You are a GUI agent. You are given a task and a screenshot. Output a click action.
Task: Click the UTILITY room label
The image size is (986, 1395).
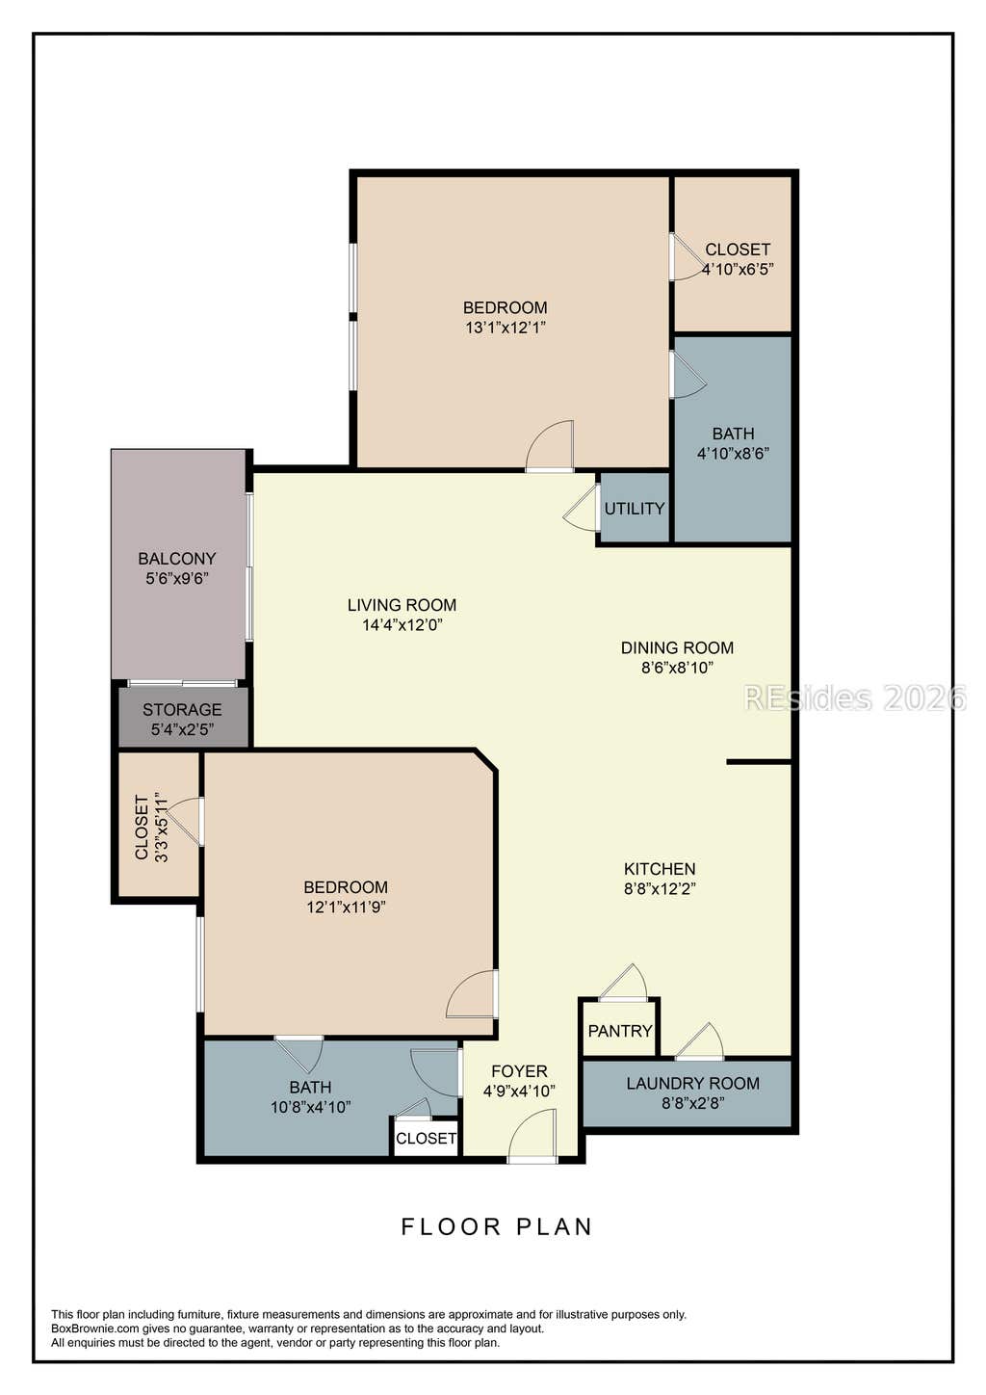point(634,509)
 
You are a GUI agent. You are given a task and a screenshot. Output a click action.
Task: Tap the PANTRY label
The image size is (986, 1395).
point(619,1031)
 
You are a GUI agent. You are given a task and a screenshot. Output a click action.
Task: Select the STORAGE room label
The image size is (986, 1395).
point(182,709)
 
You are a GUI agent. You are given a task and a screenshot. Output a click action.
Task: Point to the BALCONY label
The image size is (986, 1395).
point(177,559)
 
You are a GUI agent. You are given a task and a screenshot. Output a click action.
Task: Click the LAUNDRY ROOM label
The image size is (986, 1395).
point(693,1083)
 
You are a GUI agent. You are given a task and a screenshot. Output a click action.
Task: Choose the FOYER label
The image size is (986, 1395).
point(519,1071)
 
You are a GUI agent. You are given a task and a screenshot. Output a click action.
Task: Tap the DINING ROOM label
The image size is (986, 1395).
point(677,647)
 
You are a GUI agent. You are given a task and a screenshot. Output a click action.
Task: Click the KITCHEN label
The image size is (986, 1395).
point(660,869)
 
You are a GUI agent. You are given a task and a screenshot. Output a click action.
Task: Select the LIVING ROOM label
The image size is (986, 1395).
point(402,605)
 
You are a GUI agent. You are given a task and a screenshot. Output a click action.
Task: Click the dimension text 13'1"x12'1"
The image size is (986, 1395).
point(506,328)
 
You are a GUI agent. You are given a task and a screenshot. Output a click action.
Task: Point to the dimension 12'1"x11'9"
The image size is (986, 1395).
point(346,907)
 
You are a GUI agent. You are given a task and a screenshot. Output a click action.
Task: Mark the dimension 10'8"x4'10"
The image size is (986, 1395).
point(311,1107)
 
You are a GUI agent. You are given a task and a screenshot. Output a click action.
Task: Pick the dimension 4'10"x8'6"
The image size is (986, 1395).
point(734,454)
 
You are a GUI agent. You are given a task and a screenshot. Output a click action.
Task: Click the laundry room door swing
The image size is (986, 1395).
point(700,1040)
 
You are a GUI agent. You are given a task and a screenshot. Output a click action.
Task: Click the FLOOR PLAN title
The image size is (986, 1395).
point(497,1226)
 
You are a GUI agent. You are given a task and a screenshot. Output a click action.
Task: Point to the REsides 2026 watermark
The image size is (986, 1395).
point(855,697)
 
